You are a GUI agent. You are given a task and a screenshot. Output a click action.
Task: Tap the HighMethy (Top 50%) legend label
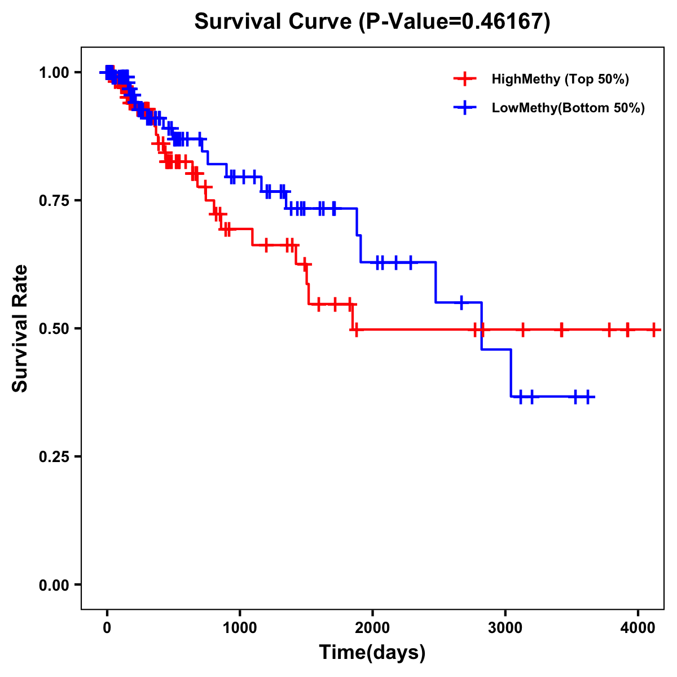point(560,79)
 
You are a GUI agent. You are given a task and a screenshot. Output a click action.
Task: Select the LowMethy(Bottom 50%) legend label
point(568,108)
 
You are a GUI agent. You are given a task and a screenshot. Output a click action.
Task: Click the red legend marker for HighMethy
point(465,79)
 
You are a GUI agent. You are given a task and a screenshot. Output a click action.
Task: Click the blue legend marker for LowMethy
point(465,108)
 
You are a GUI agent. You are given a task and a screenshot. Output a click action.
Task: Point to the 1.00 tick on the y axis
point(54,73)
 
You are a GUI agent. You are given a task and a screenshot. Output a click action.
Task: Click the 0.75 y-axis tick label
point(54,201)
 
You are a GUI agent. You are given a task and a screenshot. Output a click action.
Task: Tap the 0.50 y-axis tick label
point(54,329)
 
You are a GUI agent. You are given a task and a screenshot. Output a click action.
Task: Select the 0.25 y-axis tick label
point(54,457)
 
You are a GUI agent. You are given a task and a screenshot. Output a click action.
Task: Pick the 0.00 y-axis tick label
point(54,585)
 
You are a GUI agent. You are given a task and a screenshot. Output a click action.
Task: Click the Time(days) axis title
point(372,653)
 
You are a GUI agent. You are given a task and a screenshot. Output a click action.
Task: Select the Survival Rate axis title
point(20,328)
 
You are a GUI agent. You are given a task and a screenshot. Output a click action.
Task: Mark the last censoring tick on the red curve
point(653,329)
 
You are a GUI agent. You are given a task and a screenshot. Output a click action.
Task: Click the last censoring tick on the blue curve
point(587,397)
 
